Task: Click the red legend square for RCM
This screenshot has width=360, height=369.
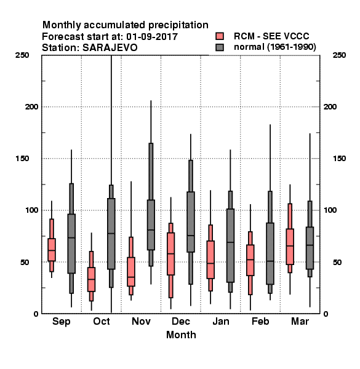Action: coord(220,36)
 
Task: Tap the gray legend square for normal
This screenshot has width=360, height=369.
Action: coord(220,47)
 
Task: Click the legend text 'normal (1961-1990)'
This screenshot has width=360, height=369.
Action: coord(274,47)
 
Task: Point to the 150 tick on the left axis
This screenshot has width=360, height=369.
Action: coord(22,159)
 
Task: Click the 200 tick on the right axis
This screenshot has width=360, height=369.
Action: coord(330,107)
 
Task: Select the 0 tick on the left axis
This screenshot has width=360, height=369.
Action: coord(36,314)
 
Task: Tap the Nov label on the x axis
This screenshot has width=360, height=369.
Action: coord(141,321)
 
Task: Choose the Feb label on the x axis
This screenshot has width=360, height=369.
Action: coord(260,321)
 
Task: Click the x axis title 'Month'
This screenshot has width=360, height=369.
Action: coord(181,335)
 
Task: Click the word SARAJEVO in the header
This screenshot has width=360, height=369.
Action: coord(110,48)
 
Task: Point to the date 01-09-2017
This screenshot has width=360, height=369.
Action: coord(152,36)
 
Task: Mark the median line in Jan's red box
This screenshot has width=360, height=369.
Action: coord(210,263)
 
